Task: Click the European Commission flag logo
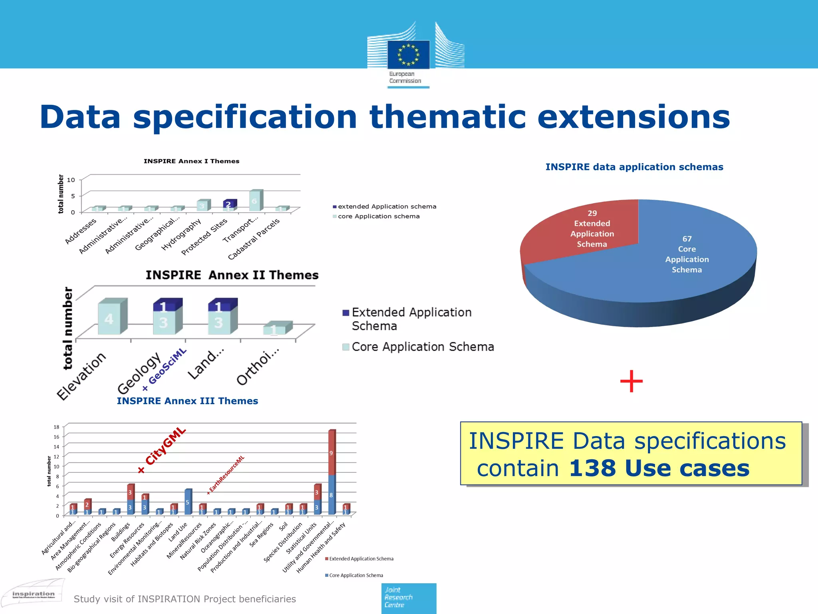pos(408,54)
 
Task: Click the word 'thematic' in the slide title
pos(448,117)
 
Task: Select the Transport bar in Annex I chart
pos(255,200)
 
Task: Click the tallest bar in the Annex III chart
pos(332,472)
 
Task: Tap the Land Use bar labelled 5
pos(187,502)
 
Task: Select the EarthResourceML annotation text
pos(226,474)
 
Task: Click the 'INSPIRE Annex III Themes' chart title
pos(187,401)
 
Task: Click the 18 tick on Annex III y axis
pos(57,427)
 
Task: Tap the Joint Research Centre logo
pos(408,598)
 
